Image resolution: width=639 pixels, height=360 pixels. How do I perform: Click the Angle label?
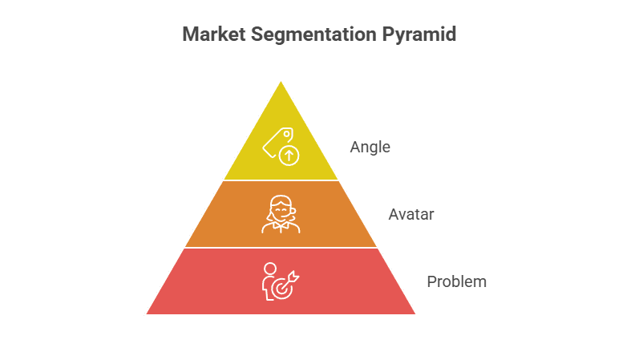(370, 148)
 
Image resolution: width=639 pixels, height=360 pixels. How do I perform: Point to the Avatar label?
(410, 215)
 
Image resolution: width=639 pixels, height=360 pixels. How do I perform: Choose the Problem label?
(456, 282)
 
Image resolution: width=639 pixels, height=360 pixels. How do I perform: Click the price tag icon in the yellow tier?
(277, 142)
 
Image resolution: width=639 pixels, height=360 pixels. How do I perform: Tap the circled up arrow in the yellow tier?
(289, 156)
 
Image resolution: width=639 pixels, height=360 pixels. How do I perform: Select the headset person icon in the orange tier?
(281, 214)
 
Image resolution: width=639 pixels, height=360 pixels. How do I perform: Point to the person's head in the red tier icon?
(269, 268)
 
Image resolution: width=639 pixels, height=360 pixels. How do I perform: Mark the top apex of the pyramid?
(281, 79)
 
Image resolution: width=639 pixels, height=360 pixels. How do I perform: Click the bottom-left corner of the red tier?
(146, 314)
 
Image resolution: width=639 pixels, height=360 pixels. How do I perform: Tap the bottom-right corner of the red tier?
(416, 314)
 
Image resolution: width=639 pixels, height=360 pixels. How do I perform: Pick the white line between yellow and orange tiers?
(281, 180)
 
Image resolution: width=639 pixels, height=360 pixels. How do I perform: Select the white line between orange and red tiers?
(281, 248)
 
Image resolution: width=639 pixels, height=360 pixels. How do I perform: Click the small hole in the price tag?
(286, 134)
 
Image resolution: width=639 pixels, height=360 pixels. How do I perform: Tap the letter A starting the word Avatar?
(394, 215)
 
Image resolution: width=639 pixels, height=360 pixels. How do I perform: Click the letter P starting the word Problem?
(431, 282)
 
